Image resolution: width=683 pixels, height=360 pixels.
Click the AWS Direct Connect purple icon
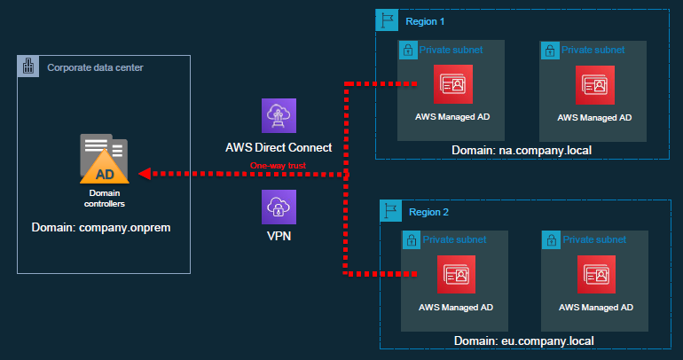coord(279,116)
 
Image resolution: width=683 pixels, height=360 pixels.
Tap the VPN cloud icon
coord(279,206)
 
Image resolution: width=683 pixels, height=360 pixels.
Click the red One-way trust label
coord(279,166)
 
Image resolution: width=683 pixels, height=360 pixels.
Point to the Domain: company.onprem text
coord(100,228)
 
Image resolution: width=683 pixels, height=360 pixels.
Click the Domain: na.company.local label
coord(521,151)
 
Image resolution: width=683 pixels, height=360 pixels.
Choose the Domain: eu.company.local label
coord(522,340)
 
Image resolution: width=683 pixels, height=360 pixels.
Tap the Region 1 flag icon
coord(386,20)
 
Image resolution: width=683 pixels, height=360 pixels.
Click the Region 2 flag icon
coord(390,211)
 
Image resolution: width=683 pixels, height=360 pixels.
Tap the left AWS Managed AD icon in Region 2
coord(455,275)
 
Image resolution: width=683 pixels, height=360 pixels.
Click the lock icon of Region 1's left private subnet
coord(408,50)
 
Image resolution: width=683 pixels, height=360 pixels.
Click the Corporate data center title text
coord(95,67)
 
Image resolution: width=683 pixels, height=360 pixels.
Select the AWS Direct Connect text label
coord(279,146)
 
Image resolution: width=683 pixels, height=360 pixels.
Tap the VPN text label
coord(279,237)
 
